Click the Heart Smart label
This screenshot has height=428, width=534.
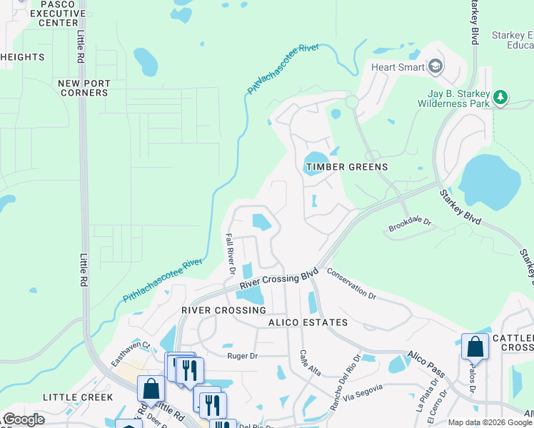pyautogui.click(x=397, y=68)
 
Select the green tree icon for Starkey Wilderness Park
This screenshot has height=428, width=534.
pyautogui.click(x=501, y=97)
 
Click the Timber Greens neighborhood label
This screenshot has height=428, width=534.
pyautogui.click(x=347, y=167)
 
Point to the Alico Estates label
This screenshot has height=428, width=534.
pyautogui.click(x=308, y=322)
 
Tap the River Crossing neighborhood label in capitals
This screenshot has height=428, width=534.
pyautogui.click(x=223, y=310)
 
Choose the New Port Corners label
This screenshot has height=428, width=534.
pyautogui.click(x=84, y=88)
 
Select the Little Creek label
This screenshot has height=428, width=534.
pyautogui.click(x=78, y=397)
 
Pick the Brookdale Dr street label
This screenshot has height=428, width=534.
pyautogui.click(x=410, y=225)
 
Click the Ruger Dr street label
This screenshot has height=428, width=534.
pyautogui.click(x=241, y=355)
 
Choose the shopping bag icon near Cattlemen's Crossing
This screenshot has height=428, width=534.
pyautogui.click(x=475, y=347)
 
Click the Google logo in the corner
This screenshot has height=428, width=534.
pyautogui.click(x=23, y=420)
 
